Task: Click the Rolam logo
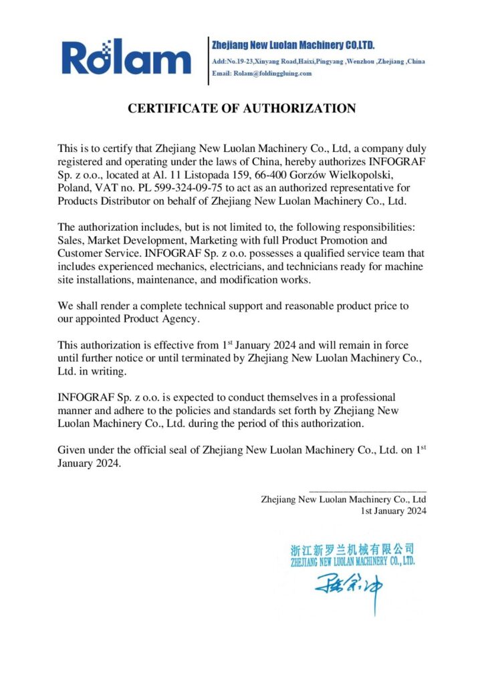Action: (126, 58)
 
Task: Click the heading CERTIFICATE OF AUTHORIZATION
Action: (242, 108)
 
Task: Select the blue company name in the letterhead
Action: (293, 45)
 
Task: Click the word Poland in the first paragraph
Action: (73, 189)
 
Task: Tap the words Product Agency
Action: (160, 320)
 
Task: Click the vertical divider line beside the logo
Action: (209, 60)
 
